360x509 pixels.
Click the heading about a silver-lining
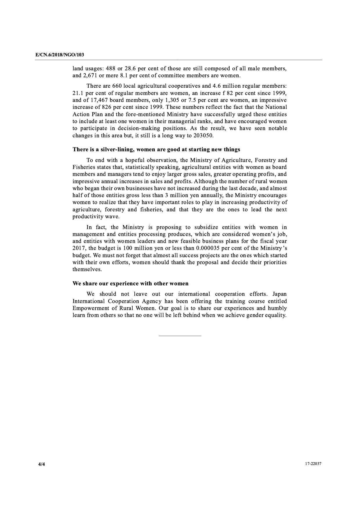(x=156, y=149)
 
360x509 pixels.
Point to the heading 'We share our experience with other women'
(x=130, y=283)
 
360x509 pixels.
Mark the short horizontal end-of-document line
(x=180, y=336)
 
